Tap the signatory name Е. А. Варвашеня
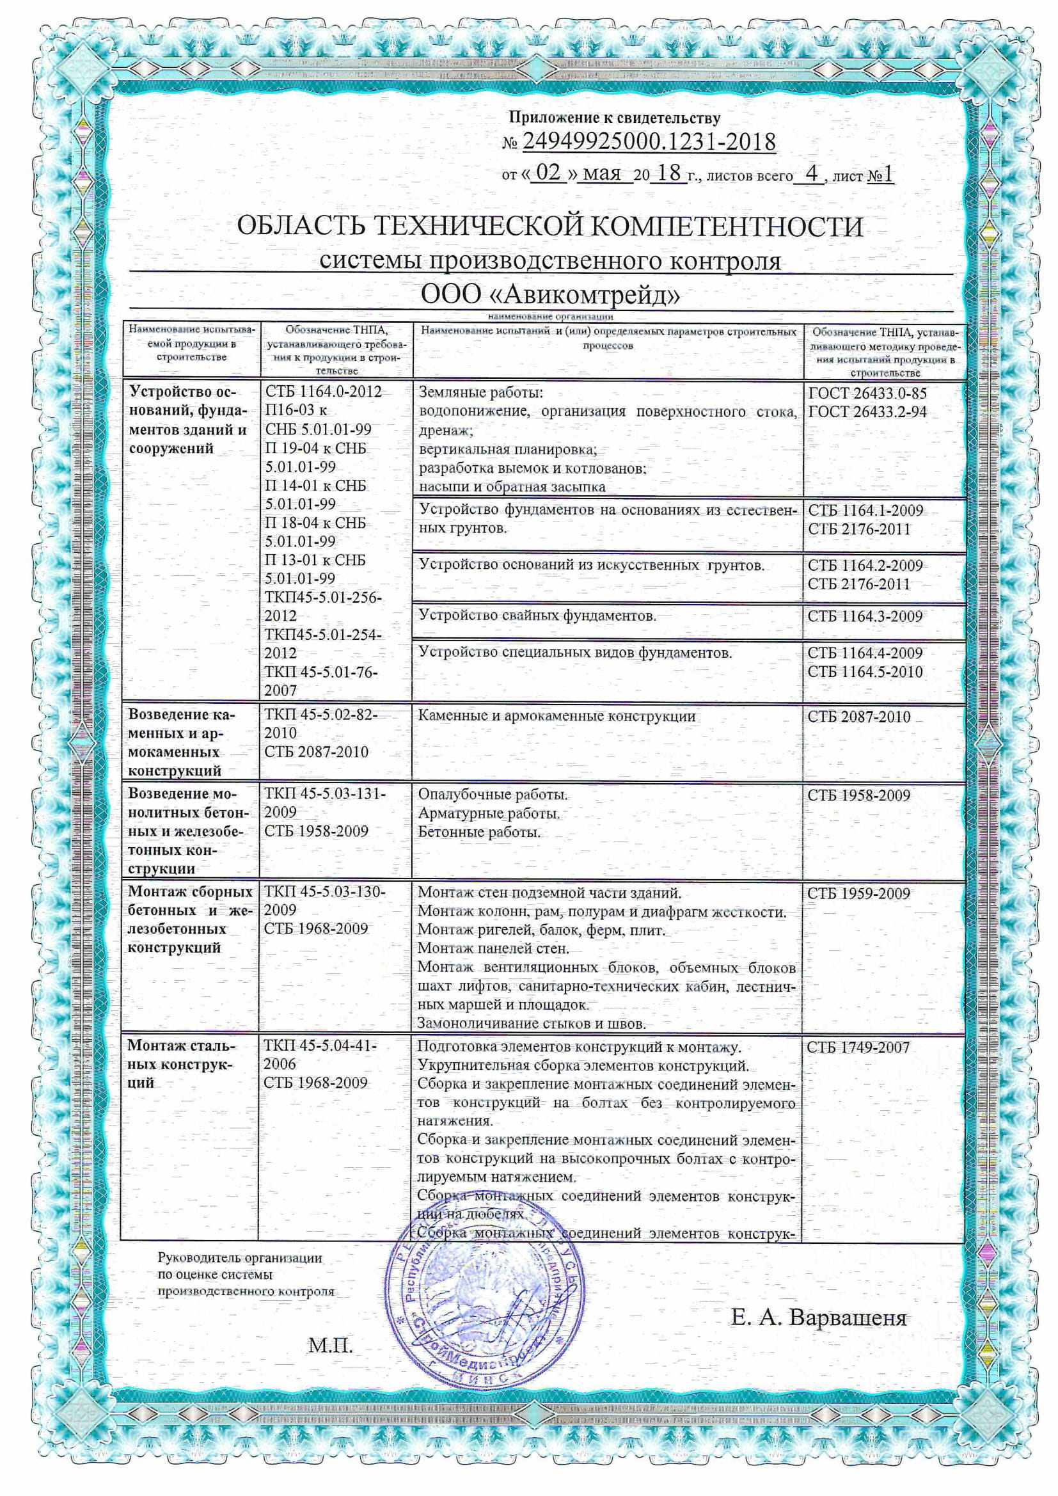click(x=818, y=1317)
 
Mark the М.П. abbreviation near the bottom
click(x=330, y=1345)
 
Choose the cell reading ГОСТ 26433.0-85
click(x=867, y=394)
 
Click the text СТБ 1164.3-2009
click(x=865, y=616)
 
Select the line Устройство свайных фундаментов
click(x=537, y=615)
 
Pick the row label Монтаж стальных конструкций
click(x=182, y=1065)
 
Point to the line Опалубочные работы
click(x=493, y=795)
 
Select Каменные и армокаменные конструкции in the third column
click(x=557, y=717)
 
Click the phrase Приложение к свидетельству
click(x=614, y=117)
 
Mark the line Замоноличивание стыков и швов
click(x=531, y=1024)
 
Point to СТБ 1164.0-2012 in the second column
click(x=324, y=392)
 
